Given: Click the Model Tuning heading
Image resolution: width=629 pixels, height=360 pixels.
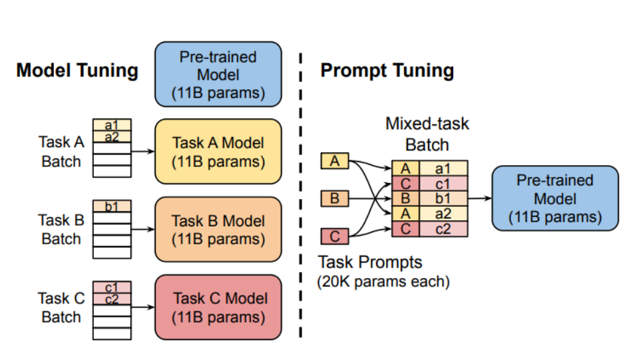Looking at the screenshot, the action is pyautogui.click(x=77, y=70).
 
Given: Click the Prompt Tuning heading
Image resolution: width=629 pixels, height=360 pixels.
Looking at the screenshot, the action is pyautogui.click(x=387, y=71).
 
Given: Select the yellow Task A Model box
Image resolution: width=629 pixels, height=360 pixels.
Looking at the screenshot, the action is pyautogui.click(x=218, y=152).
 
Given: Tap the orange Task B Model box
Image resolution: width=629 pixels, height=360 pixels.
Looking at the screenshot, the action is pyautogui.click(x=218, y=230).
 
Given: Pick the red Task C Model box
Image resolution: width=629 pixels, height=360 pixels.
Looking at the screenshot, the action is pyautogui.click(x=218, y=307).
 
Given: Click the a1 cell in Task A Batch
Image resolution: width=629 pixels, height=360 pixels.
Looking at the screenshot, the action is pyautogui.click(x=112, y=124).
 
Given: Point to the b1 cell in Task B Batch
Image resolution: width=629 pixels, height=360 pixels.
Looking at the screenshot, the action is pyautogui.click(x=112, y=206).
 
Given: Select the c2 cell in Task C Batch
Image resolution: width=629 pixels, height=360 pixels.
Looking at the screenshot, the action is pyautogui.click(x=112, y=299).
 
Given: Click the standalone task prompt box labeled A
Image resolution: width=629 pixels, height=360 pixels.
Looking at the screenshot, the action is pyautogui.click(x=335, y=161).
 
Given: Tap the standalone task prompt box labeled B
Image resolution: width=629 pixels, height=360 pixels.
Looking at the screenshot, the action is pyautogui.click(x=335, y=198).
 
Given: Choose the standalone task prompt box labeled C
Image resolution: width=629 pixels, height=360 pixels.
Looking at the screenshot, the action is pyautogui.click(x=335, y=236).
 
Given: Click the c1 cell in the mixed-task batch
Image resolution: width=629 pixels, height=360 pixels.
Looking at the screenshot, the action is pyautogui.click(x=443, y=184).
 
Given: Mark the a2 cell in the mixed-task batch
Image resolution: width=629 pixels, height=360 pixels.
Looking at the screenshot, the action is pyautogui.click(x=443, y=214).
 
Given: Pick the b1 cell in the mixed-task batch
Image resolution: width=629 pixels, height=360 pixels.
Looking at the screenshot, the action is pyautogui.click(x=443, y=198).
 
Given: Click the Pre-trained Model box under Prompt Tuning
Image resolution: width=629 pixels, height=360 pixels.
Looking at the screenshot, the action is pyautogui.click(x=555, y=198).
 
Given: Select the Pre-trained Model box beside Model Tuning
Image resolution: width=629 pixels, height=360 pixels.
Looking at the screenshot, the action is pyautogui.click(x=218, y=74).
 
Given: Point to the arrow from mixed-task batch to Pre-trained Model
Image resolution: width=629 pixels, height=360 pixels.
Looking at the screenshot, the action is pyautogui.click(x=480, y=198).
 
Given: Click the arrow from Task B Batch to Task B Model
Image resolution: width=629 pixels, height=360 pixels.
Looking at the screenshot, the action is pyautogui.click(x=143, y=230).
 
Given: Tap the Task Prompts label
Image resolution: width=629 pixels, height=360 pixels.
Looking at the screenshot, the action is pyautogui.click(x=370, y=262).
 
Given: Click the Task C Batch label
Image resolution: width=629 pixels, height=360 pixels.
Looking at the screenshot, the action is pyautogui.click(x=61, y=307).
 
